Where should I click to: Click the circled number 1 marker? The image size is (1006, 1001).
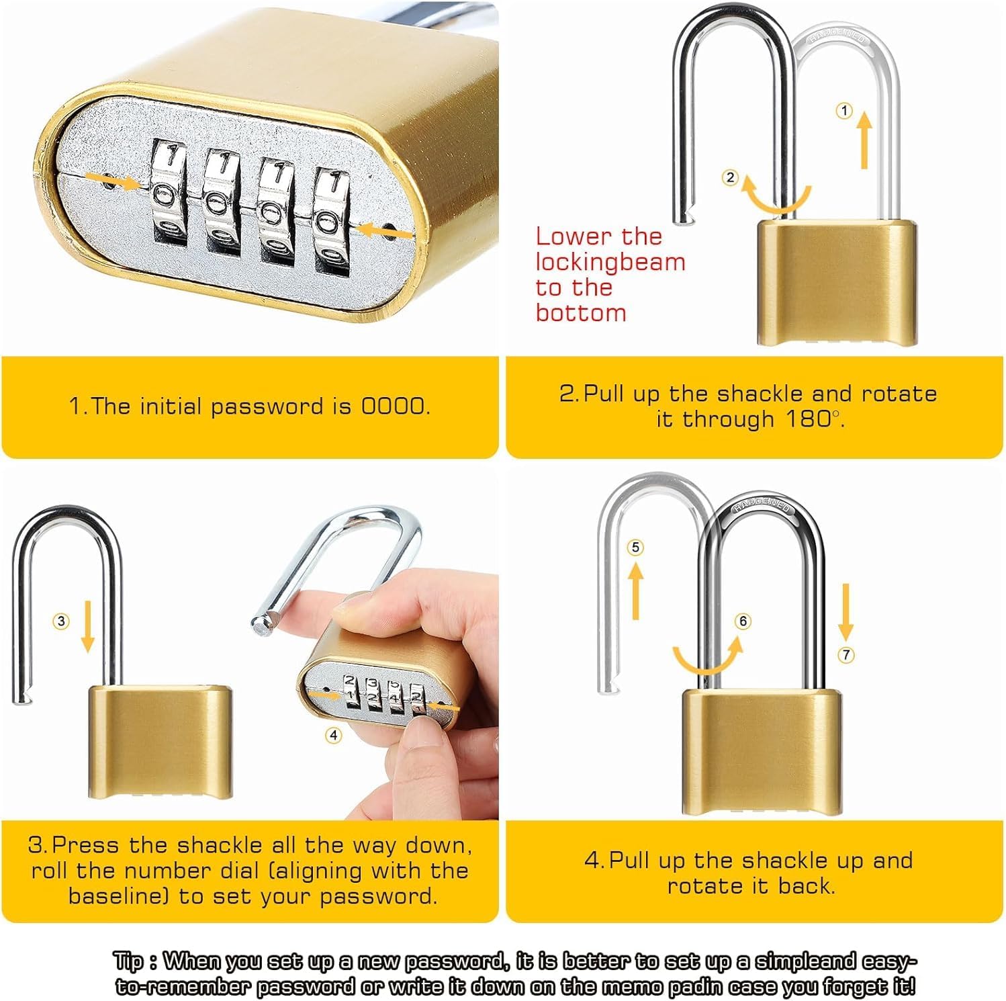click(844, 111)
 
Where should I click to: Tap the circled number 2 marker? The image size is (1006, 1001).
click(730, 177)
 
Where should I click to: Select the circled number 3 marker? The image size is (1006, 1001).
click(61, 621)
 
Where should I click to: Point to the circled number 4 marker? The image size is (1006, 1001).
click(334, 735)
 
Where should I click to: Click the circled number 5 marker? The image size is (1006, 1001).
click(636, 548)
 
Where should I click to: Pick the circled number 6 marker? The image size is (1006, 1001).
click(743, 621)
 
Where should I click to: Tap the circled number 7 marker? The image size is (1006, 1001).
click(846, 654)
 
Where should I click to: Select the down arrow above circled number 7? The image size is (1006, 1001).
click(845, 611)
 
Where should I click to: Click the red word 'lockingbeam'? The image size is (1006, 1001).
click(610, 262)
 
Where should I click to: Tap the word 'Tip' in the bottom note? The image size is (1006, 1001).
click(128, 961)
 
